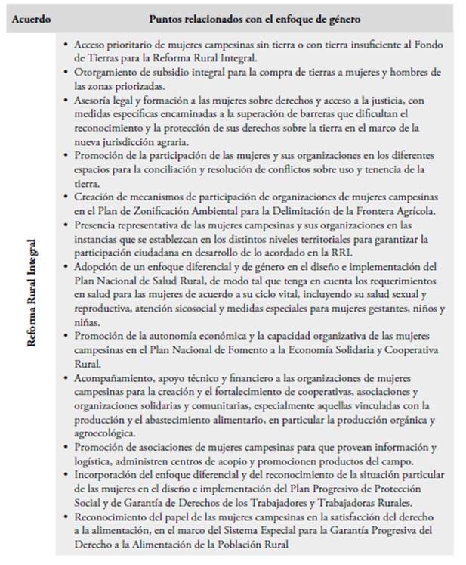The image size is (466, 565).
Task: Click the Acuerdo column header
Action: (32, 17)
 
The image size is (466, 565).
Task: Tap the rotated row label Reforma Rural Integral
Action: (32, 293)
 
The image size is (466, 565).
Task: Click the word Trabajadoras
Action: (366, 503)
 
